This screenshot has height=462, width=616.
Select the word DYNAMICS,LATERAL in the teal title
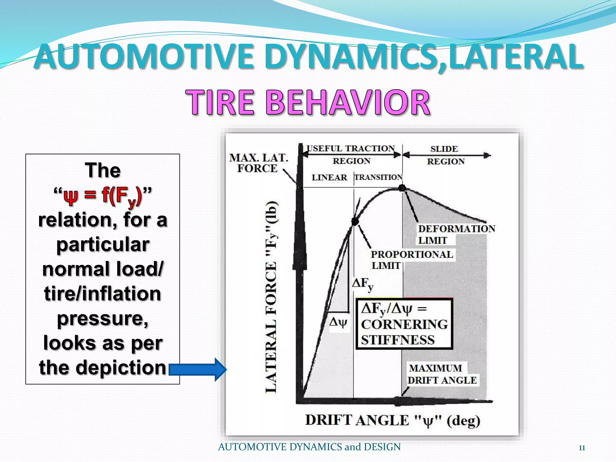(424, 57)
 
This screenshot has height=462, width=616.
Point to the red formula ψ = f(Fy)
(103, 196)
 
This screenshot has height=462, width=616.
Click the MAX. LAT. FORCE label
(258, 163)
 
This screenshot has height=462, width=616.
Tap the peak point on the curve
(402, 188)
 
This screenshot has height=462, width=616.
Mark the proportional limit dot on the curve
(355, 221)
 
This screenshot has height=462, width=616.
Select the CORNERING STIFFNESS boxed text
(404, 324)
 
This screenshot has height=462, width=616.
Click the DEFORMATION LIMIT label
(456, 235)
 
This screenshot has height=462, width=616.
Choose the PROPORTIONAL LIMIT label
(411, 260)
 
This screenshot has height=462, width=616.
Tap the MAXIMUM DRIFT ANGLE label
(442, 374)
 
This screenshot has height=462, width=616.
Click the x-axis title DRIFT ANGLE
(392, 420)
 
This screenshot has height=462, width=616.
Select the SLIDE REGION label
(445, 155)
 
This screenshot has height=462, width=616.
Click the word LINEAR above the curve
(329, 177)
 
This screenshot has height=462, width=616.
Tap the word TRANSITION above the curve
(378, 177)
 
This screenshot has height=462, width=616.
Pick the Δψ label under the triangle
(338, 322)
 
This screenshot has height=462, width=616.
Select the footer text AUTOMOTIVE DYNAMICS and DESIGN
(309, 447)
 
